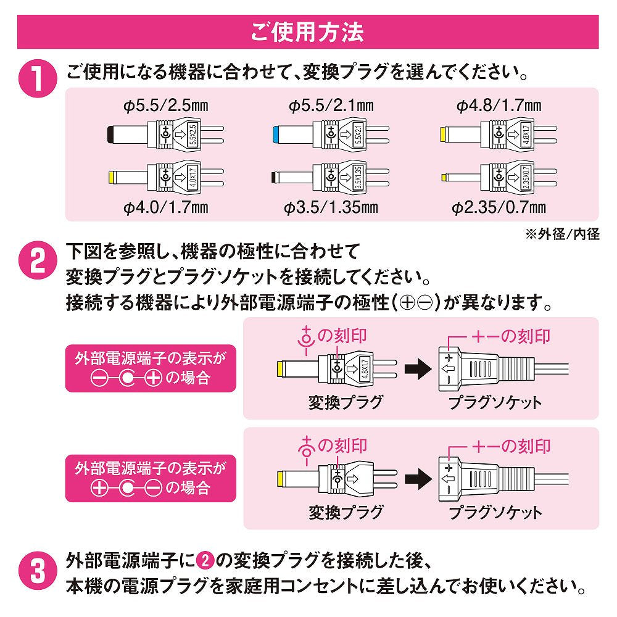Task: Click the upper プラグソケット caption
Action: tap(495, 403)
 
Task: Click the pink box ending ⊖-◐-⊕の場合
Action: tap(151, 368)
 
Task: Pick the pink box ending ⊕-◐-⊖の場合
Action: tap(151, 478)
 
